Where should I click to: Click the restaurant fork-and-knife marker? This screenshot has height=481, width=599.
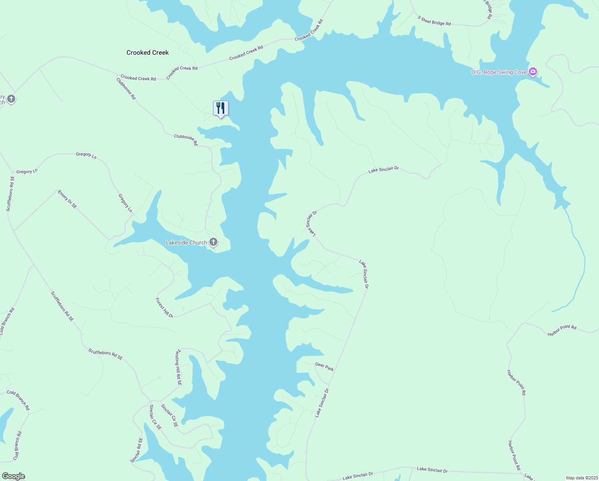tap(221, 108)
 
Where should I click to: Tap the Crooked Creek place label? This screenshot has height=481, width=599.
tap(147, 53)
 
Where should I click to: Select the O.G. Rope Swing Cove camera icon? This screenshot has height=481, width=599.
tap(533, 72)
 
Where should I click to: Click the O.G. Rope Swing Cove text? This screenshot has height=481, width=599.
tap(499, 73)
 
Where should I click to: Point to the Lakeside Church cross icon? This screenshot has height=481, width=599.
tap(214, 242)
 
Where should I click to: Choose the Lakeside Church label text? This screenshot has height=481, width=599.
tap(186, 243)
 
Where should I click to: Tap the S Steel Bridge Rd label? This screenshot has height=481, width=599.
tap(434, 21)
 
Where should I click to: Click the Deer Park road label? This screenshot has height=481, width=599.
tap(324, 366)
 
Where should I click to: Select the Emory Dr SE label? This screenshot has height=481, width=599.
tap(67, 200)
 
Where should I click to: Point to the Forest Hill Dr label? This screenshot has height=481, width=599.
tap(164, 308)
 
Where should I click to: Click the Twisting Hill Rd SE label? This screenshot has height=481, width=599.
tap(178, 368)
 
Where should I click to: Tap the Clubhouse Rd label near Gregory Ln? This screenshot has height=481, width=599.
tap(186, 139)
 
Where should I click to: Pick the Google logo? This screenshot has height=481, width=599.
tap(14, 476)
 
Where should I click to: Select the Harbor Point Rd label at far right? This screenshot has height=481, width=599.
tap(562, 330)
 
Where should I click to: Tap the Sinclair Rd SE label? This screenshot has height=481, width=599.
tap(137, 450)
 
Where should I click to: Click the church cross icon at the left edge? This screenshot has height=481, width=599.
tap(11, 99)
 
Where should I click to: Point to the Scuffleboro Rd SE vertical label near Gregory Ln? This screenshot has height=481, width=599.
tap(10, 194)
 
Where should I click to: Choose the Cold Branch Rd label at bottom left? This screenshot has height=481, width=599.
tap(18, 445)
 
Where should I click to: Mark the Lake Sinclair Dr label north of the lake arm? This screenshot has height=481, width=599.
tap(384, 170)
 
